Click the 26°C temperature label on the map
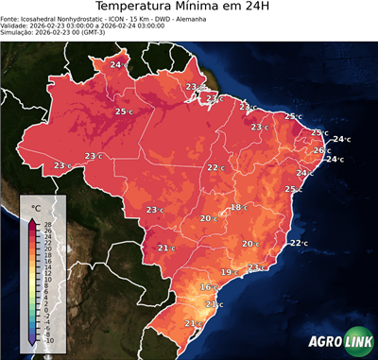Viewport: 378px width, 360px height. click(320, 150)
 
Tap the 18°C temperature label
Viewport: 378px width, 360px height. click(237, 207)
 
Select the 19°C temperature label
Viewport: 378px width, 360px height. click(227, 272)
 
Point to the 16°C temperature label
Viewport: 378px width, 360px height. click(208, 286)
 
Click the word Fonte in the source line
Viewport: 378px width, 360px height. click(12, 25)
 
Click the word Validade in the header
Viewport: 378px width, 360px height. click(17, 33)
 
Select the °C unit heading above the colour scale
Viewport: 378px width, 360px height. click(37, 207)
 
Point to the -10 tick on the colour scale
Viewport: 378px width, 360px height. click(48, 340)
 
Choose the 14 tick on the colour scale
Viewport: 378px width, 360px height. click(48, 267)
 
